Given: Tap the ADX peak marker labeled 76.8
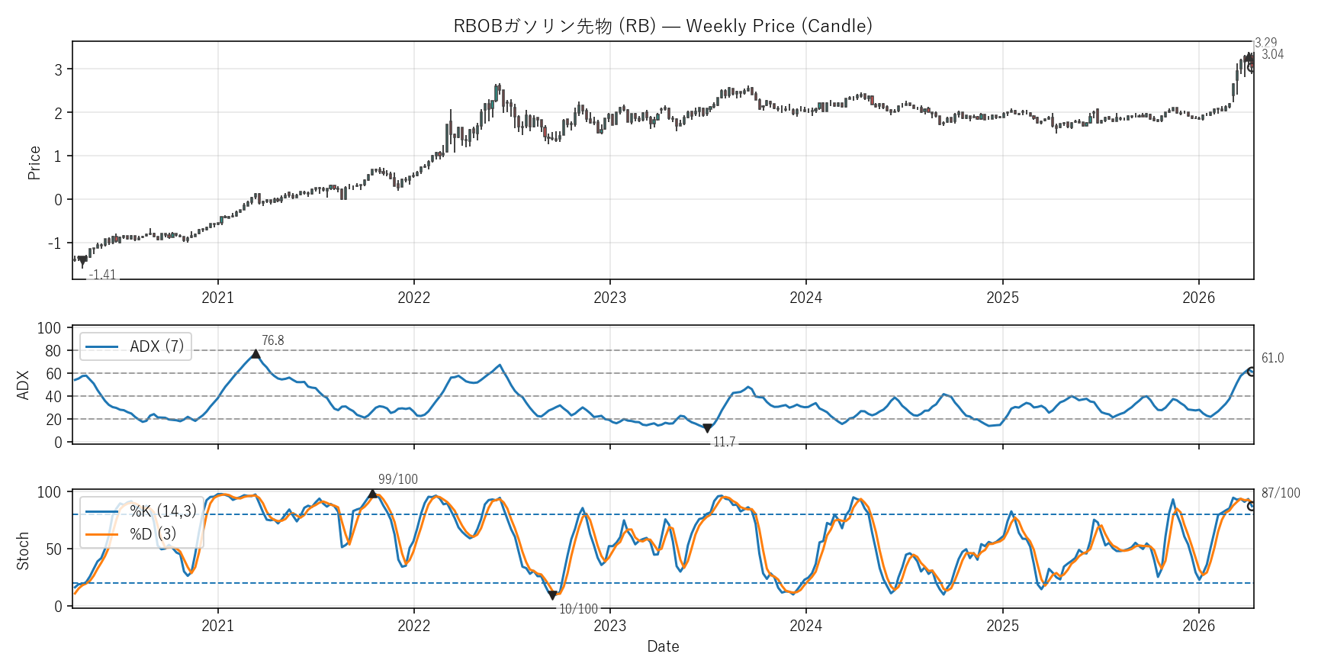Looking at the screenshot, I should click(x=256, y=354).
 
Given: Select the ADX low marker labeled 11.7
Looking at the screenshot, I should click(x=707, y=428).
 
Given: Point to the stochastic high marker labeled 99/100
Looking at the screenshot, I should click(x=372, y=494).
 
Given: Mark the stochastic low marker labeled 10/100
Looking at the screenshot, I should click(x=552, y=595).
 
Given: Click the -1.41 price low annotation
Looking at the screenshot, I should click(x=102, y=275).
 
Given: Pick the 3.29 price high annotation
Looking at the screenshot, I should click(x=1265, y=43).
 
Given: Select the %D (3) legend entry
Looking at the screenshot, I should click(x=153, y=534).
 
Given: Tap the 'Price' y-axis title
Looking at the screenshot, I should click(x=34, y=163).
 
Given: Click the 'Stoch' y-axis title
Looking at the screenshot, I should click(x=23, y=551).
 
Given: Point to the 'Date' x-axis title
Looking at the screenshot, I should click(x=663, y=646).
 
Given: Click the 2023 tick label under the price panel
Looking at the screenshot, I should click(x=609, y=298).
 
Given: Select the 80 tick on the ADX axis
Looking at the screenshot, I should click(x=53, y=351).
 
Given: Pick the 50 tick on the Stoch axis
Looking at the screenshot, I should click(x=53, y=549).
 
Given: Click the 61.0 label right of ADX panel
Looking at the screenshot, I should click(x=1272, y=358).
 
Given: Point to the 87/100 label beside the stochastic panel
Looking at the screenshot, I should click(x=1281, y=493).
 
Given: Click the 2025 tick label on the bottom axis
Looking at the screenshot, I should click(x=1002, y=626).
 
